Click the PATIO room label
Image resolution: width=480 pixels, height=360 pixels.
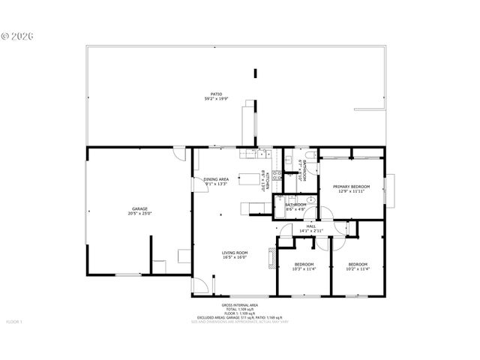pyautogui.click(x=216, y=94)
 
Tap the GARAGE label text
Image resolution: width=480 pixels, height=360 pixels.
pyautogui.click(x=139, y=208)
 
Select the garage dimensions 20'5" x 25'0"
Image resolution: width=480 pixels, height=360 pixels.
pyautogui.click(x=139, y=214)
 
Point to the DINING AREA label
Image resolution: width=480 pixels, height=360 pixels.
pyautogui.click(x=216, y=179)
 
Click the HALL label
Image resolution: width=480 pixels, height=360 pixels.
pyautogui.click(x=310, y=226)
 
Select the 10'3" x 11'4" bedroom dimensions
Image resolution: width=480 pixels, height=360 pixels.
pyautogui.click(x=304, y=268)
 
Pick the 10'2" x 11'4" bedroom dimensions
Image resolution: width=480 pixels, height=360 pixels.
pyautogui.click(x=358, y=268)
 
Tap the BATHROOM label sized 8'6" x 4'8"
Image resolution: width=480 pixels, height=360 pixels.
pyautogui.click(x=295, y=204)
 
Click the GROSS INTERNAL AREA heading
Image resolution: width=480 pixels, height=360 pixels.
pyautogui.click(x=239, y=305)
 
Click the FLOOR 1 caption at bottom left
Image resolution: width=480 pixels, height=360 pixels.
pyautogui.click(x=15, y=322)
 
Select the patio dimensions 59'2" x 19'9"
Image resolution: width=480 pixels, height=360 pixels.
pyautogui.click(x=216, y=99)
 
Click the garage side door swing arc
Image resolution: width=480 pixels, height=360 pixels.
pyautogui.click(x=178, y=153)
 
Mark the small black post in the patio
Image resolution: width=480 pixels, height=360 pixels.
pyautogui.click(x=256, y=73)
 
